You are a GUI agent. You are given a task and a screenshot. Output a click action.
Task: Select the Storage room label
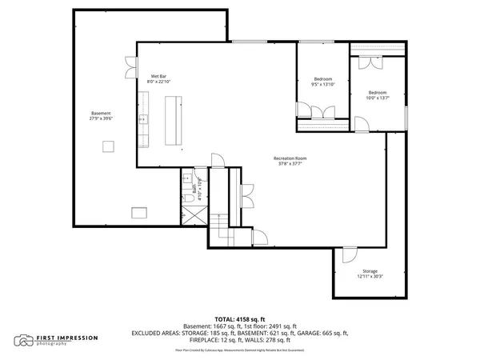click(369, 271)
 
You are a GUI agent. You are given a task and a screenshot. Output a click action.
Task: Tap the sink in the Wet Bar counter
click(144, 120)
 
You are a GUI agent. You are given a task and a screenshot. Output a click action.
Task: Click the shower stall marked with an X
click(192, 215)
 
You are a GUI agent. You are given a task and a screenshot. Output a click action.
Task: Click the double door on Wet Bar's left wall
click(130, 66)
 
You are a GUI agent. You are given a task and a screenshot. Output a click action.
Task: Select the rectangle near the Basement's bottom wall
click(140, 211)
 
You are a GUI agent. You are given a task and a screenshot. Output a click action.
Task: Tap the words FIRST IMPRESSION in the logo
click(67, 338)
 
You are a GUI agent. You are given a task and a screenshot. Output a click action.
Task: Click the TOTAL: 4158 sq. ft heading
click(240, 318)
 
